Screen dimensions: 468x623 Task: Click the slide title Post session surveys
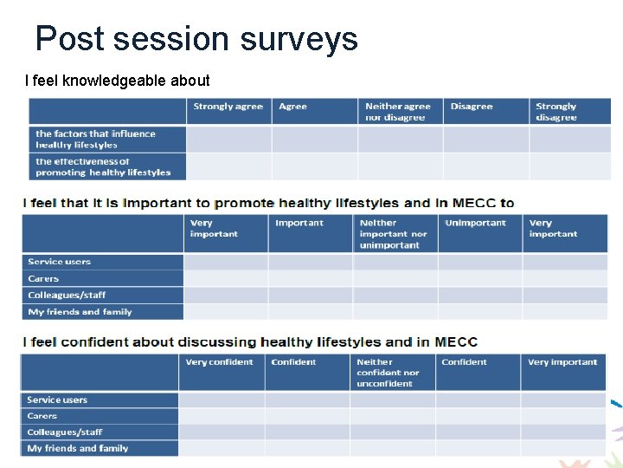[196, 39]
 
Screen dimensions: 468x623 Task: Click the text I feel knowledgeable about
[118, 81]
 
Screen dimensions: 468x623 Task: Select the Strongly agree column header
[228, 107]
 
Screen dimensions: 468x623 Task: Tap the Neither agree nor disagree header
[398, 112]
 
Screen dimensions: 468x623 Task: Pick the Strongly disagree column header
[556, 112]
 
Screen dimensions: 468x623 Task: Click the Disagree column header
[472, 107]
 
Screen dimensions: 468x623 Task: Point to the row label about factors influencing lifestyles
[95, 140]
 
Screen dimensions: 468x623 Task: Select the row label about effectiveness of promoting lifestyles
[103, 167]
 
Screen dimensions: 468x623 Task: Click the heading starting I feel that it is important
[268, 203]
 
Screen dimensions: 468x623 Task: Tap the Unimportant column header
[475, 223]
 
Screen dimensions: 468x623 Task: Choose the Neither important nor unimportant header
[393, 234]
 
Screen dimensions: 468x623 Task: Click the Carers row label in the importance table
[43, 279]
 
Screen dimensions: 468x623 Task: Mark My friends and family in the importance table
[80, 312]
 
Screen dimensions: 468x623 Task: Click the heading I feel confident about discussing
[250, 341]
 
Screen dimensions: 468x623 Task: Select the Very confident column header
[219, 362]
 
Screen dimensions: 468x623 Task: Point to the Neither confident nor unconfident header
[388, 373]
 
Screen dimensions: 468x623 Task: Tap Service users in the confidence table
[57, 400]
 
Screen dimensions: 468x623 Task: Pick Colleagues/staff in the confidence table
[65, 432]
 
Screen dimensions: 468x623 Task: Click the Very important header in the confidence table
[562, 362]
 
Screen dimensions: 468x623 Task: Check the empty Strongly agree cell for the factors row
[228, 140]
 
